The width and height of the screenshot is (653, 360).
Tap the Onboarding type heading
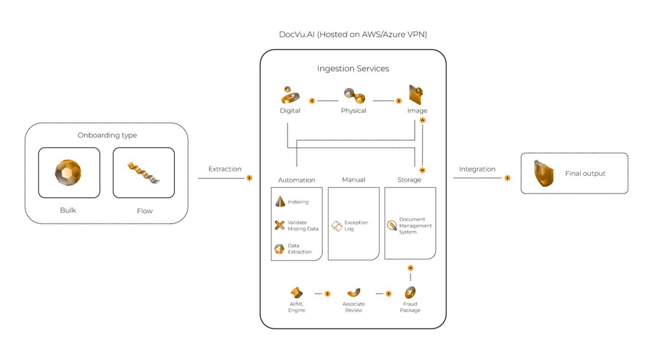click(107, 135)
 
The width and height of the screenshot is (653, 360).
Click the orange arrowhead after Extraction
click(249, 178)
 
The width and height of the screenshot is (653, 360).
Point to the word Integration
click(477, 169)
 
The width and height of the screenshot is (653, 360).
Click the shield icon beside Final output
click(544, 173)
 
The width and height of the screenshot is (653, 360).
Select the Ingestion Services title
click(353, 68)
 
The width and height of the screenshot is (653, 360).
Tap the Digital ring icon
click(290, 95)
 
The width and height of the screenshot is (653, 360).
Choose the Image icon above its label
click(416, 95)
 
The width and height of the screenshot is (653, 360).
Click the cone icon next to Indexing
click(280, 201)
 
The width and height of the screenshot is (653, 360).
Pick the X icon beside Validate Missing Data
click(280, 225)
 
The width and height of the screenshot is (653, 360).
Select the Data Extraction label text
click(299, 249)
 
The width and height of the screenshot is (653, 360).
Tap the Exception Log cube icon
click(337, 226)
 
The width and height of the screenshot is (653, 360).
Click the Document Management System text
click(415, 226)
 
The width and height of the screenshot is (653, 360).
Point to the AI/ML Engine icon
click(296, 293)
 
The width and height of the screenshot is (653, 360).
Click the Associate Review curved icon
click(354, 293)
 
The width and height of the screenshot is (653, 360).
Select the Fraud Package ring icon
click(410, 293)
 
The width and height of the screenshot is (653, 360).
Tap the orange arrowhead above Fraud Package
click(410, 268)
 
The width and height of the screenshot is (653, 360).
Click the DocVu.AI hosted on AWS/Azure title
click(353, 35)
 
